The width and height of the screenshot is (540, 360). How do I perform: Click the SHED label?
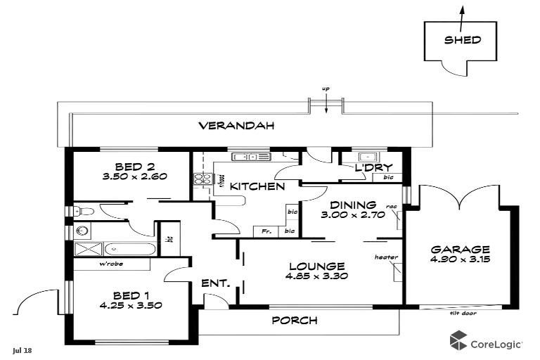(462, 39)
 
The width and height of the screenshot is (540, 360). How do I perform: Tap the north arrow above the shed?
(462, 13)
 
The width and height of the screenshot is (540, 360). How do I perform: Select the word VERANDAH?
(236, 127)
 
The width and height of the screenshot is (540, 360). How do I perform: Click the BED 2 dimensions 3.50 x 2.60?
(134, 177)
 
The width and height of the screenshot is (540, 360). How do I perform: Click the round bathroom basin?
(81, 230)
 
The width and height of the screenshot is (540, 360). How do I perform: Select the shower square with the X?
(88, 248)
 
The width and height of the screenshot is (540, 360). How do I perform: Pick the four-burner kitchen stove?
(203, 179)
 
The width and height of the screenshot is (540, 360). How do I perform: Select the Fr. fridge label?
(266, 231)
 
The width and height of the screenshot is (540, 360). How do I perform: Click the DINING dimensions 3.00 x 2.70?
(353, 215)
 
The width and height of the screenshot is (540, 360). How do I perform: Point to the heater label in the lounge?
(386, 257)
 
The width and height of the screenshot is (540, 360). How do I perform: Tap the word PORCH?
(295, 321)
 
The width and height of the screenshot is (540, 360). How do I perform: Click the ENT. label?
(216, 283)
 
